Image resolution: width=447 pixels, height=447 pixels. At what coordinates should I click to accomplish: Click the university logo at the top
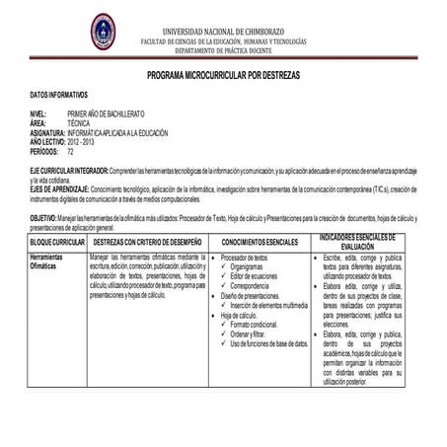[103, 32]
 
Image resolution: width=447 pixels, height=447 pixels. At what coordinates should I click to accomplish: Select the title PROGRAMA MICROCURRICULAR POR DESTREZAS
[223, 75]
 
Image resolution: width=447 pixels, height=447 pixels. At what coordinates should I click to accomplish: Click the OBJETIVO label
[42, 216]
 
